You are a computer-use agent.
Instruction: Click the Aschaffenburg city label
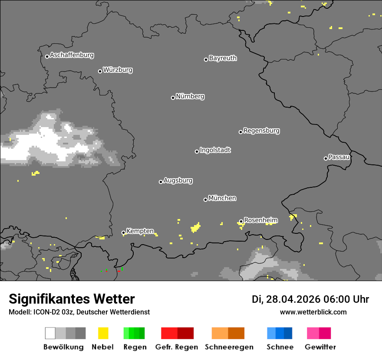coord(72,55)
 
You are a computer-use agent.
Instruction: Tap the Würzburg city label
coord(118,70)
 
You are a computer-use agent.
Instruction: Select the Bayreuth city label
coord(223,58)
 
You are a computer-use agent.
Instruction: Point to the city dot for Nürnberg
coord(173,98)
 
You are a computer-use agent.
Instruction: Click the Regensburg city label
coord(261,131)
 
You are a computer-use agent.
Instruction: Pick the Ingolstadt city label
coord(215,150)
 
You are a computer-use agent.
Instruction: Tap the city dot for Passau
coord(326,158)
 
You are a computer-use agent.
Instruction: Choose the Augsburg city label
coord(178,180)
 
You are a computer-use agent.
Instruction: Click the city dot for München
coord(205,200)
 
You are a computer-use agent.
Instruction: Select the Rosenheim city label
coord(260,220)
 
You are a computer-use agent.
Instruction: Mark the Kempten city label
coord(140,231)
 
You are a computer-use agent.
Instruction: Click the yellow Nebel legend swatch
coord(103,333)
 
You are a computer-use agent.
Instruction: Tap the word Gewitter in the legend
coord(320,347)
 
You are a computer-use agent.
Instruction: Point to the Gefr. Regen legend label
coord(177,347)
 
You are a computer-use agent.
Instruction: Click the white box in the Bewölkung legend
coord(50,333)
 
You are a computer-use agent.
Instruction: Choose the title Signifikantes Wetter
coord(72,299)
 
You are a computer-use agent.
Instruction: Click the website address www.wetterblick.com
coord(313,312)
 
